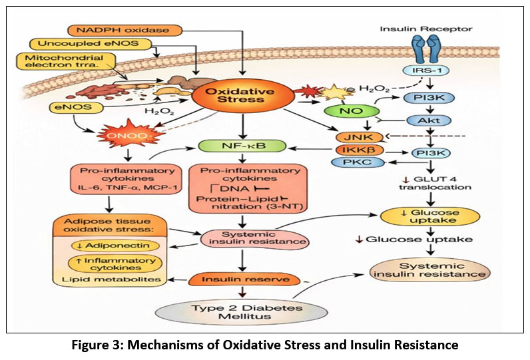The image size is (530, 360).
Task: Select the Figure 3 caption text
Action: click(264, 345)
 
